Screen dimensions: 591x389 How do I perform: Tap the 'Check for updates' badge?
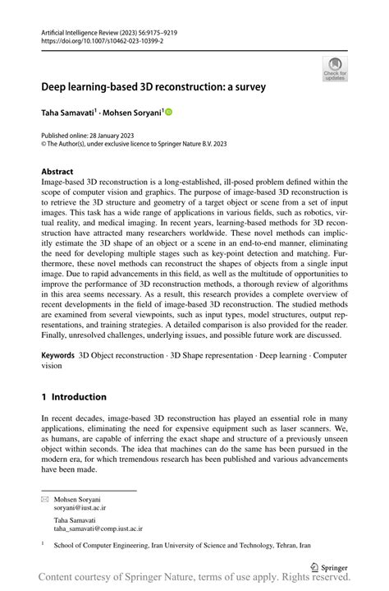click(x=336, y=68)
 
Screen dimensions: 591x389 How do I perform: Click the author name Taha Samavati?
click(x=69, y=112)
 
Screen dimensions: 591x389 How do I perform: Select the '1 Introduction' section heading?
click(x=74, y=396)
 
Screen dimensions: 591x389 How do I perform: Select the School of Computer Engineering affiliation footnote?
click(x=182, y=545)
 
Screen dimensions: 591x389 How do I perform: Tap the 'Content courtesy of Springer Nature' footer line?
click(x=194, y=580)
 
